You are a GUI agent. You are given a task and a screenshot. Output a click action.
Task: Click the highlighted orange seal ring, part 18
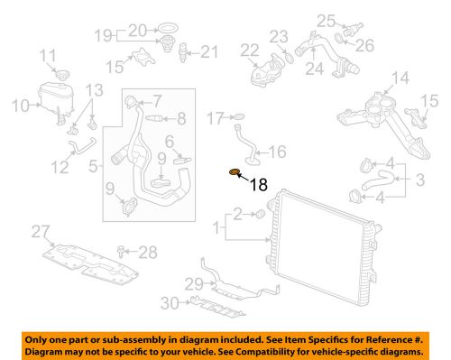coord(235,171)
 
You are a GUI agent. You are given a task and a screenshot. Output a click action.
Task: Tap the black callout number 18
coord(259,184)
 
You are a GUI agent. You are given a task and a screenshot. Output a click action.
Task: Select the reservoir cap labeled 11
coord(62,74)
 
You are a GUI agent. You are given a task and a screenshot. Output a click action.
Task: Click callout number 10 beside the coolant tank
coord(21,106)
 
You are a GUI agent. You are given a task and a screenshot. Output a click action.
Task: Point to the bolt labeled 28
coord(122,252)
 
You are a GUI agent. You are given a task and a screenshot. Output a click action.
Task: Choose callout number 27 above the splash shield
coord(41,232)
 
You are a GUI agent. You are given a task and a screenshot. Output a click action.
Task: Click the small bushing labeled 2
coord(260,214)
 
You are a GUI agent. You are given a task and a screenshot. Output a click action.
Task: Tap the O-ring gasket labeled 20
coord(168,28)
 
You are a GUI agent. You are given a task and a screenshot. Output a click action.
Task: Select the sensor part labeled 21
coord(183,52)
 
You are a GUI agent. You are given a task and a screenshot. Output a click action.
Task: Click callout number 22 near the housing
coord(249,51)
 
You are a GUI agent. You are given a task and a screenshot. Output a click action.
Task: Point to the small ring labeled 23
coord(289,57)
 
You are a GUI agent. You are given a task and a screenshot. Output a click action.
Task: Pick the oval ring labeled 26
coord(339,38)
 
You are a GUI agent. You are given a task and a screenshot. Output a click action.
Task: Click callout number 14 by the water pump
coord(400,78)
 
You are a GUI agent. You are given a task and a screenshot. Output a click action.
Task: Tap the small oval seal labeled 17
coord(239,116)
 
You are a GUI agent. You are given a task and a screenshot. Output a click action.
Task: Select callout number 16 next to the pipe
coord(277,152)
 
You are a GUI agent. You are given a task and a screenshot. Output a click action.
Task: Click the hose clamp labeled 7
coord(131,101)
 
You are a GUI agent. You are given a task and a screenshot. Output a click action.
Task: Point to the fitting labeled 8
coord(154,118)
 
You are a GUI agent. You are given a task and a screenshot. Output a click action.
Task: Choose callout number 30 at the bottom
coord(170,303)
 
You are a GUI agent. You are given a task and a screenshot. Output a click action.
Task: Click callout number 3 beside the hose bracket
coord(419,180)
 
